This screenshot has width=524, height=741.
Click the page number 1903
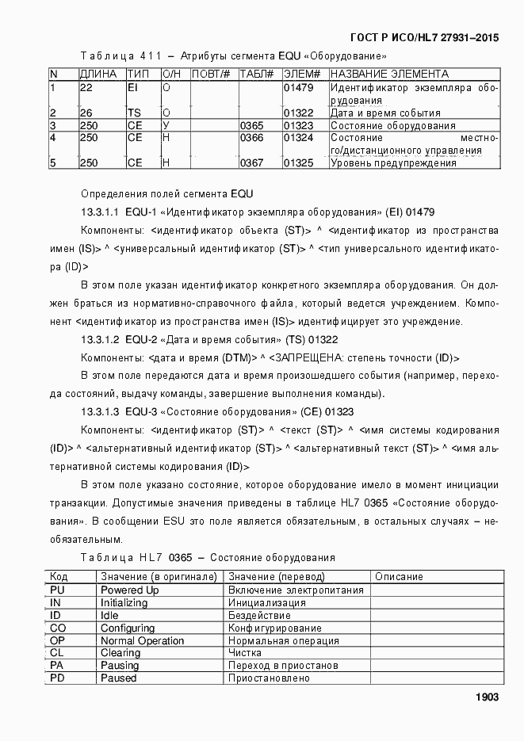tap(486, 697)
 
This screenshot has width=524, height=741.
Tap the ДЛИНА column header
tap(98, 74)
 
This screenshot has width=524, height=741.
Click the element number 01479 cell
tap(298, 87)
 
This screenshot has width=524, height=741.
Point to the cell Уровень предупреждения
tap(393, 162)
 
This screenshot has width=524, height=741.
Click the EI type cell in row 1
tap(132, 87)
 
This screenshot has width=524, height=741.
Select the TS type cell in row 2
tap(134, 113)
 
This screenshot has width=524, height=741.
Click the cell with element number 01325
tap(298, 162)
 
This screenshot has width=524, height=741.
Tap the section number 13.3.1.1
tap(101, 212)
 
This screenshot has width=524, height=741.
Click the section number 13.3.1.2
tap(101, 339)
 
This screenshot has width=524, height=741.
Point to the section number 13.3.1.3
tap(101, 412)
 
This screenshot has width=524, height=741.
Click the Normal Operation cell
tap(142, 640)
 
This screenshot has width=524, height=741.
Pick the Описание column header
tap(399, 577)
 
